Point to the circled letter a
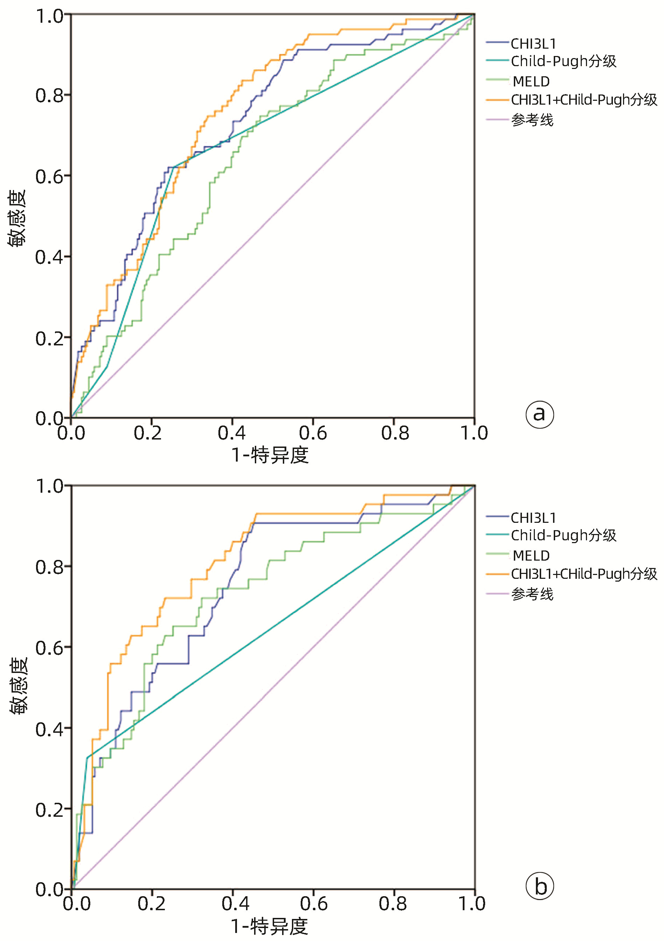pos(539,414)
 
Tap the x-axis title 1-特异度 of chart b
pos(270,926)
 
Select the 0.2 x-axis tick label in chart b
pos(151,904)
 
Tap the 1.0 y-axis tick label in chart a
pos(49,16)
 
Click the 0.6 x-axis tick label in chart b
pos(313,904)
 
